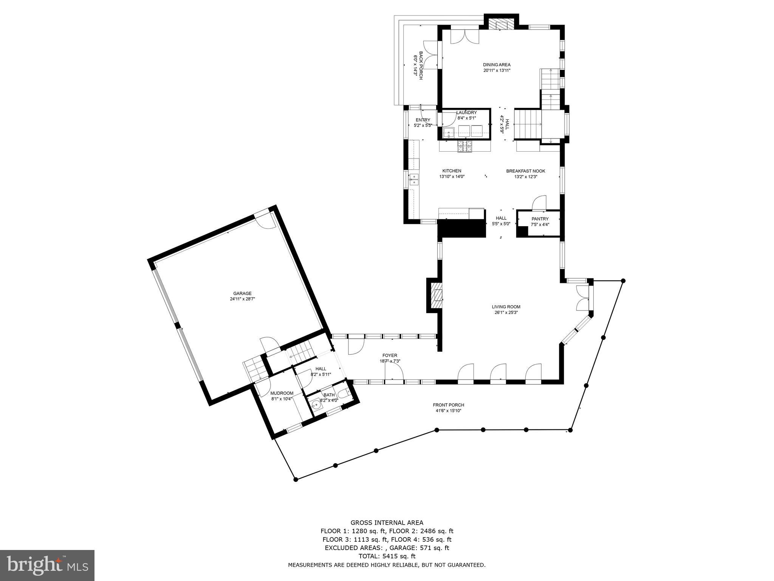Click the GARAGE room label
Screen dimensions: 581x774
coord(242,293)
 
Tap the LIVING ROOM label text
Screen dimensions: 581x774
coord(506,307)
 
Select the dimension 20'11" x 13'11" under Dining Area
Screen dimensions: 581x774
coord(497,70)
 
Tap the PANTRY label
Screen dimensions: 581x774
coord(540,219)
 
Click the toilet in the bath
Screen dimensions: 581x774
coord(344,394)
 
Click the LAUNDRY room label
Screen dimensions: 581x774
coord(466,112)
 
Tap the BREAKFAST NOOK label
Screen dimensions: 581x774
coord(526,171)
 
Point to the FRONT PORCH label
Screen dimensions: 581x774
coord(448,405)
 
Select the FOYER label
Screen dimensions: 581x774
coord(390,355)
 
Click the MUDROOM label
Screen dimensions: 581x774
coord(282,393)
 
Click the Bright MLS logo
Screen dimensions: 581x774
coord(47,565)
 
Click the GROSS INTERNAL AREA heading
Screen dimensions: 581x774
coord(387,523)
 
